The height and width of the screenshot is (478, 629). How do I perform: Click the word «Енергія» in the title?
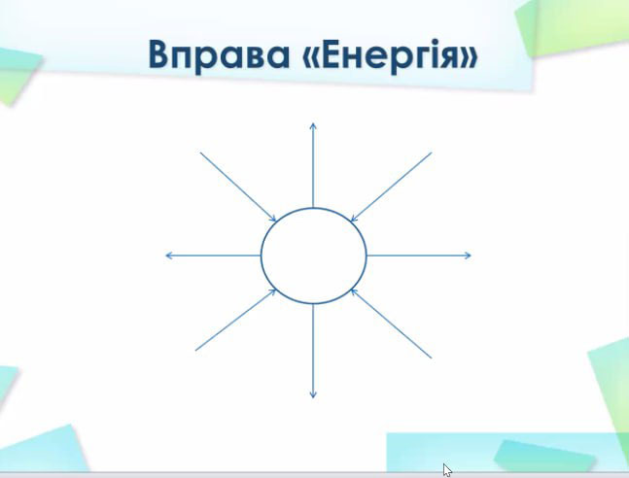(389, 55)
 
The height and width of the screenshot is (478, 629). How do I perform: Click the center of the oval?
(314, 256)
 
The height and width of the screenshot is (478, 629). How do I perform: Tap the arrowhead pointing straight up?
(313, 126)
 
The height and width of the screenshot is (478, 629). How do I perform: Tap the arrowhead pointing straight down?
(313, 395)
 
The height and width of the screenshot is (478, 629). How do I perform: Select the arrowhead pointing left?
(169, 256)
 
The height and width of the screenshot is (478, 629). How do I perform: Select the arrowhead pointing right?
(468, 256)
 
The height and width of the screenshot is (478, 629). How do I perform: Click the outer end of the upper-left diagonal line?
(200, 153)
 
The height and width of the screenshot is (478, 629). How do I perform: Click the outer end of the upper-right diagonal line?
(432, 153)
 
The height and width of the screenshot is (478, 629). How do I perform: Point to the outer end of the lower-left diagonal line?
(195, 351)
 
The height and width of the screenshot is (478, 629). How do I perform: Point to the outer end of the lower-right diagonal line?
(432, 358)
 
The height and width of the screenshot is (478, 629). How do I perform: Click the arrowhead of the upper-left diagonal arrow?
(273, 219)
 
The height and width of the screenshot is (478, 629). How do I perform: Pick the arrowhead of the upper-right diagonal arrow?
(354, 219)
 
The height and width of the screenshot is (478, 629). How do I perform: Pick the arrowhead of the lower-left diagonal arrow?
(273, 291)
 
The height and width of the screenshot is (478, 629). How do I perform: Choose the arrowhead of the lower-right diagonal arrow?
(354, 291)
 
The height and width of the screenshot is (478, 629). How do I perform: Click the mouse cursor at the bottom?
(447, 470)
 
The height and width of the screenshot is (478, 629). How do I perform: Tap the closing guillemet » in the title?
(469, 57)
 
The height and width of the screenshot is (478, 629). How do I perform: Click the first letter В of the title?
(157, 53)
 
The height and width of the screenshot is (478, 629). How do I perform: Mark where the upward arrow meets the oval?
(313, 207)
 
